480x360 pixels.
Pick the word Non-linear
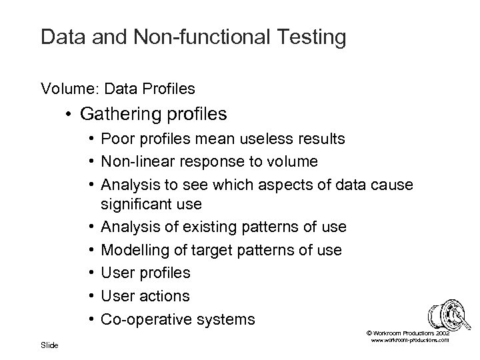click(x=138, y=161)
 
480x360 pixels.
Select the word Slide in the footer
click(x=49, y=345)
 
